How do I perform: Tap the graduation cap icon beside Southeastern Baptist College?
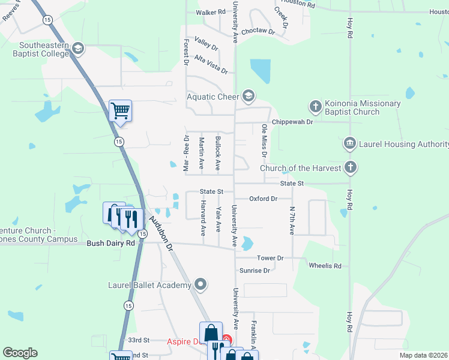(77, 48)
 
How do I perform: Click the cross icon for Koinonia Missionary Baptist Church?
(316, 107)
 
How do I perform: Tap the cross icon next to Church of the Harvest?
(351, 168)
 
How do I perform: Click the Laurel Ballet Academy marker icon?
(200, 284)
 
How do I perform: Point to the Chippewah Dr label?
(293, 122)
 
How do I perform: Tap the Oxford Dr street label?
(264, 199)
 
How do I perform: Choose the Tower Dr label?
(270, 258)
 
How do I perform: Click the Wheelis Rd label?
(325, 266)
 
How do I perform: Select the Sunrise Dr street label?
(255, 271)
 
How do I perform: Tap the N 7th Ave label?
(292, 221)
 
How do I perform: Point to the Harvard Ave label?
(202, 218)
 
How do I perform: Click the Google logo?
(20, 353)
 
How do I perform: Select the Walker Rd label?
(210, 12)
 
